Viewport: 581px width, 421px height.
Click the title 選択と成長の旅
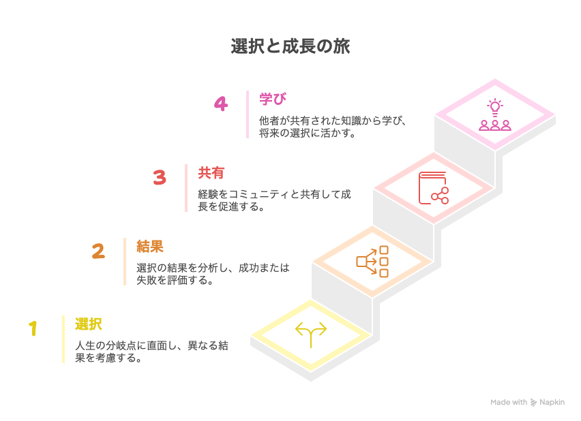point(290,47)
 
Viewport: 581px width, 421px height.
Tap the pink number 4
point(220,104)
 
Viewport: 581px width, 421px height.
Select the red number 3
point(160,178)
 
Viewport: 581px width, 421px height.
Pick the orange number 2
point(98,251)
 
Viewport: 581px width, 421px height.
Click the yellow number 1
point(33,329)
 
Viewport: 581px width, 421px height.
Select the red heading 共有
point(211,173)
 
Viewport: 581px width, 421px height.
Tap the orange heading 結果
point(150,246)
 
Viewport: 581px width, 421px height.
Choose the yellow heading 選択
point(89,324)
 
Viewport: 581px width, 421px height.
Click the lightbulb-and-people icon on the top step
point(494,115)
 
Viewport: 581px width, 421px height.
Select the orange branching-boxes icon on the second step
point(372,261)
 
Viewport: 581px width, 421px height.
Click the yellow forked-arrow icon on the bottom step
point(311,334)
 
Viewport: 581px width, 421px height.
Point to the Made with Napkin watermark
point(527,403)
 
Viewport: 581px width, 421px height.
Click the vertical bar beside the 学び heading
point(248,114)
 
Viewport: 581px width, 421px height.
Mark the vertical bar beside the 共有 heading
point(186,188)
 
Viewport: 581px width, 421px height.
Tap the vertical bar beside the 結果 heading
point(125,262)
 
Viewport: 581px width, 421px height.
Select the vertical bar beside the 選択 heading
point(63,339)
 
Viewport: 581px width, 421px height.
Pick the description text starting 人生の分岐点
point(151,352)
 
